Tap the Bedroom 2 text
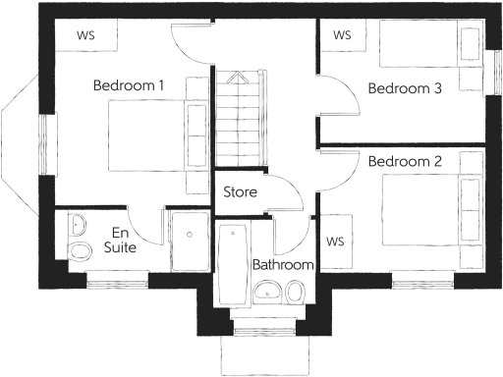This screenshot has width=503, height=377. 405,160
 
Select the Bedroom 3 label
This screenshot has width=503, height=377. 405,88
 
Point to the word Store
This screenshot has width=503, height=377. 241,191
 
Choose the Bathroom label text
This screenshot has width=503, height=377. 283,265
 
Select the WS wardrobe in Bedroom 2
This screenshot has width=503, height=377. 335,241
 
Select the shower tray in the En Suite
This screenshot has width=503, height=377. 189,242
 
